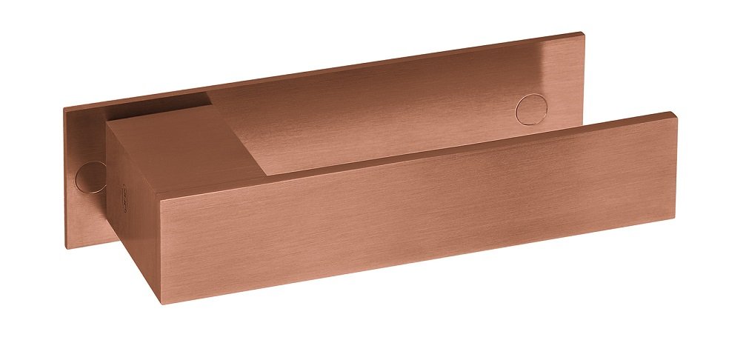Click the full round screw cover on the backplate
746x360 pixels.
[x=529, y=110]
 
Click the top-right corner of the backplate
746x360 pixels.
[x=582, y=33]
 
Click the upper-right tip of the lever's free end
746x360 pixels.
[x=674, y=113]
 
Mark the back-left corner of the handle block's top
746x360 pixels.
[x=106, y=123]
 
